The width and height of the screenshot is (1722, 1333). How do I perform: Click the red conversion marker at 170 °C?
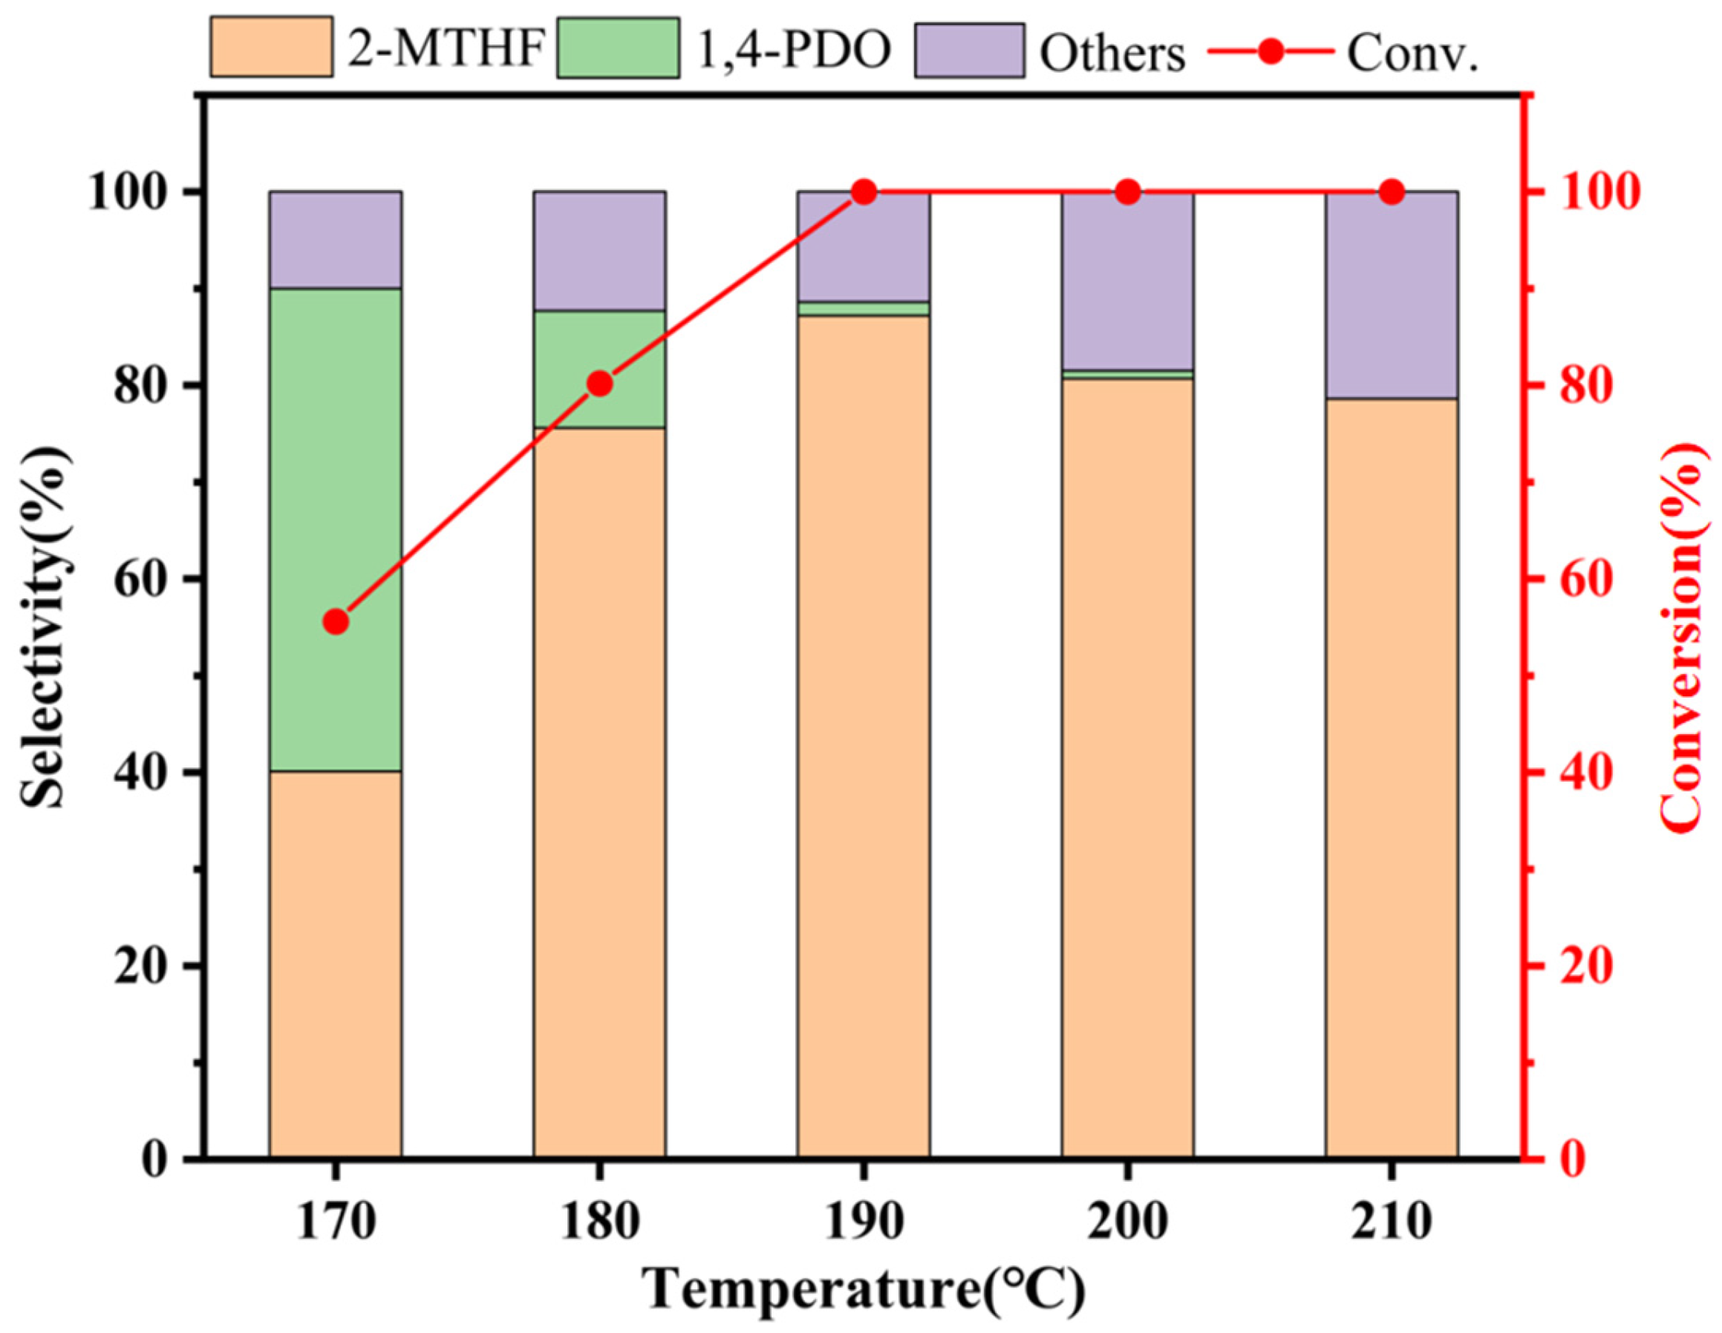[x=336, y=622]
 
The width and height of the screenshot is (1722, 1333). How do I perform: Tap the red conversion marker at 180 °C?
[x=600, y=384]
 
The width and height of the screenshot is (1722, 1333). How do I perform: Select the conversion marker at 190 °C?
[x=864, y=191]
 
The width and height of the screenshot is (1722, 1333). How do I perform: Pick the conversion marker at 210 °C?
[x=1392, y=191]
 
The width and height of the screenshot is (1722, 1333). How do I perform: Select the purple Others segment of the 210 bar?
[x=1392, y=294]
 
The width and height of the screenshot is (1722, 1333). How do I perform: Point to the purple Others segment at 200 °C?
[x=1127, y=280]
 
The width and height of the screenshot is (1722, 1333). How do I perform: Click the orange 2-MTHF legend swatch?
[x=270, y=48]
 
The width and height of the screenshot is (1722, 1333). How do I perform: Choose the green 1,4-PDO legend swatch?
[x=617, y=48]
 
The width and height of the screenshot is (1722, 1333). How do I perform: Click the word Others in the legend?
[x=1112, y=53]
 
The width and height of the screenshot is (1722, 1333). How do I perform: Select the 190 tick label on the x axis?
[x=864, y=1222]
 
